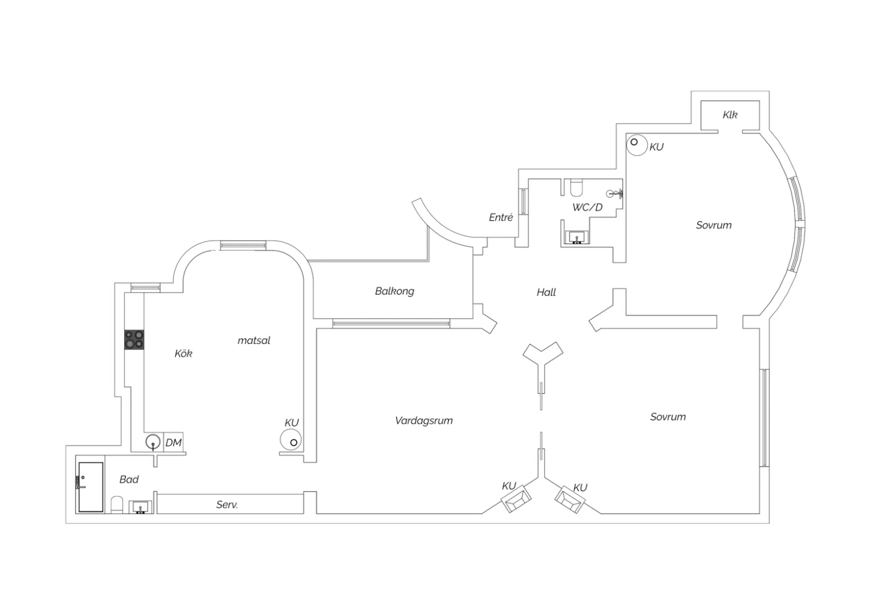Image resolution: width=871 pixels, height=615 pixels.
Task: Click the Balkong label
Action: pos(395,291)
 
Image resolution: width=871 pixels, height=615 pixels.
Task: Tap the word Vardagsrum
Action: pos(424,421)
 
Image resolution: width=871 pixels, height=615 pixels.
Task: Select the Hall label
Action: pos(546,292)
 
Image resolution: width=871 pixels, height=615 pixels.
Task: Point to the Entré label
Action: pos(501,218)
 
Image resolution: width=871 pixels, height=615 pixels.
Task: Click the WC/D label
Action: pos(588,207)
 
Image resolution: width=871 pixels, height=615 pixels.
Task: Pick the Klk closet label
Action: pos(730,115)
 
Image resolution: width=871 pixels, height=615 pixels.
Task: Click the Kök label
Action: pos(183,353)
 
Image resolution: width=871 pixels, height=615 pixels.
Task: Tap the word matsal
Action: pos(254,341)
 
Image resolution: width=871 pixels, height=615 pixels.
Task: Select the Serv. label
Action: pos(227,505)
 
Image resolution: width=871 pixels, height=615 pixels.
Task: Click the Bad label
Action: pos(129,479)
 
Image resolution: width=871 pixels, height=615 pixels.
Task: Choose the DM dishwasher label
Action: pos(174,443)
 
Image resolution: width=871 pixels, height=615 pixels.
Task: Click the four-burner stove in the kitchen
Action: pos(134,339)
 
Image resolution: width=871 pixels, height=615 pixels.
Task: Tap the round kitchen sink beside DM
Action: pos(154,443)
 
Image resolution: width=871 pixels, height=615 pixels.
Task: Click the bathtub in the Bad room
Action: pos(91,487)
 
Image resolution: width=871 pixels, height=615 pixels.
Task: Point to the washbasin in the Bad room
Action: pos(141,508)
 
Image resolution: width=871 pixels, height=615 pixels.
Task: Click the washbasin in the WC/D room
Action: pos(577,237)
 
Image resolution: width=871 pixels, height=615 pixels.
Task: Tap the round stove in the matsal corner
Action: pos(291,440)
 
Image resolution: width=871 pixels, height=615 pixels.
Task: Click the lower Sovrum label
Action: pos(668,417)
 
